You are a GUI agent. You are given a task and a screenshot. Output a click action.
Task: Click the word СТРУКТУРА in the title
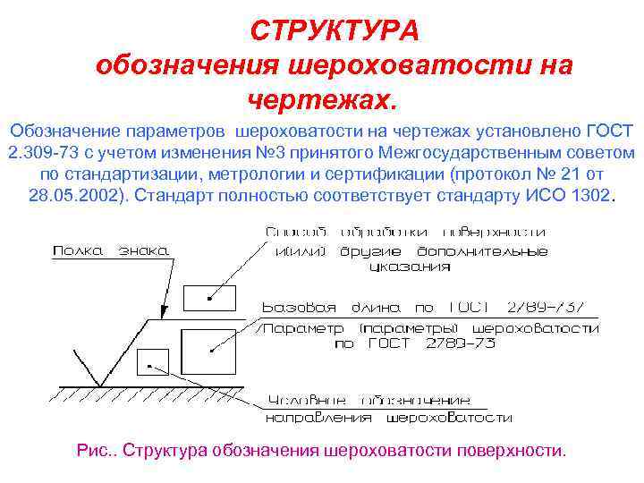click(334, 31)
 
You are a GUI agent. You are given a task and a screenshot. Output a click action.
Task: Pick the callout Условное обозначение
click(369, 399)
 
